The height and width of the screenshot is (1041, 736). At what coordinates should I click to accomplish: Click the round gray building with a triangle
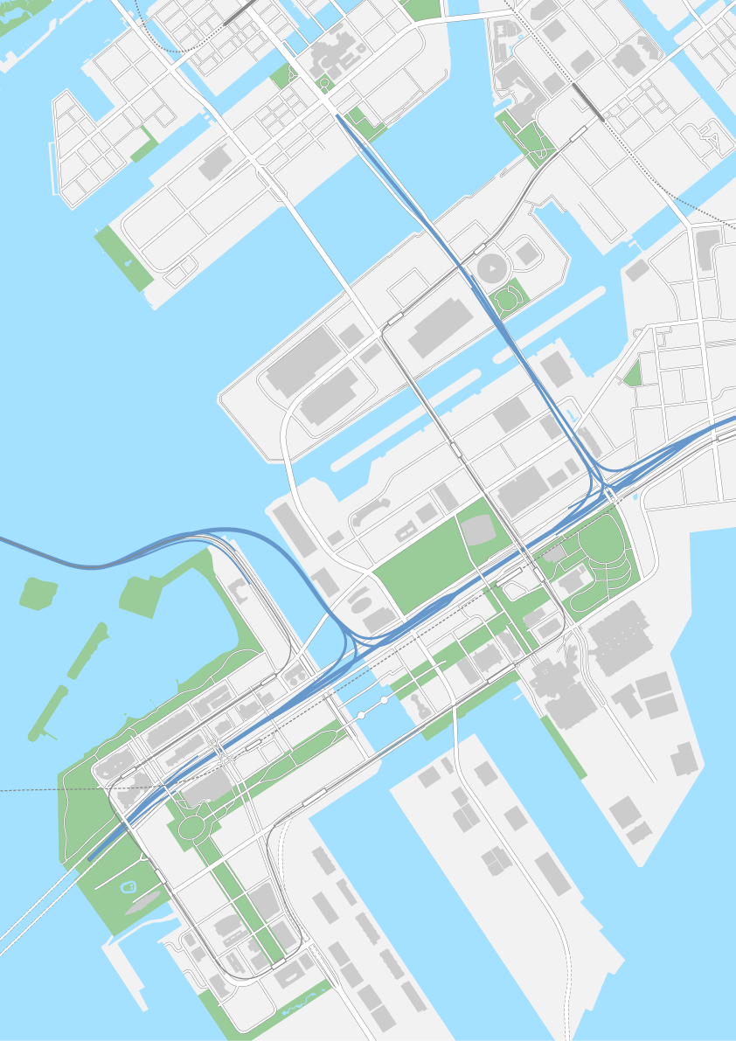point(491,267)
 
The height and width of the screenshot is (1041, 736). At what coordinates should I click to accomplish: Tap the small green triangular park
point(632,375)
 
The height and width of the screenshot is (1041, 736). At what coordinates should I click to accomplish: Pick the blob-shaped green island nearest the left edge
point(35,593)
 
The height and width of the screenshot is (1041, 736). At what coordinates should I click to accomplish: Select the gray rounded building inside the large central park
point(477,530)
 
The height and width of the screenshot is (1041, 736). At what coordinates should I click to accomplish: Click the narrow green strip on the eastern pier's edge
point(564,747)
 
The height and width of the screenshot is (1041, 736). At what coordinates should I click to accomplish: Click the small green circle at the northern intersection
point(324,84)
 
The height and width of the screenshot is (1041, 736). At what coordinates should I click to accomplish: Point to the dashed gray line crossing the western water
point(44,790)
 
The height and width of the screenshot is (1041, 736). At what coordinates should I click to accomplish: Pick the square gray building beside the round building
point(526,253)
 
